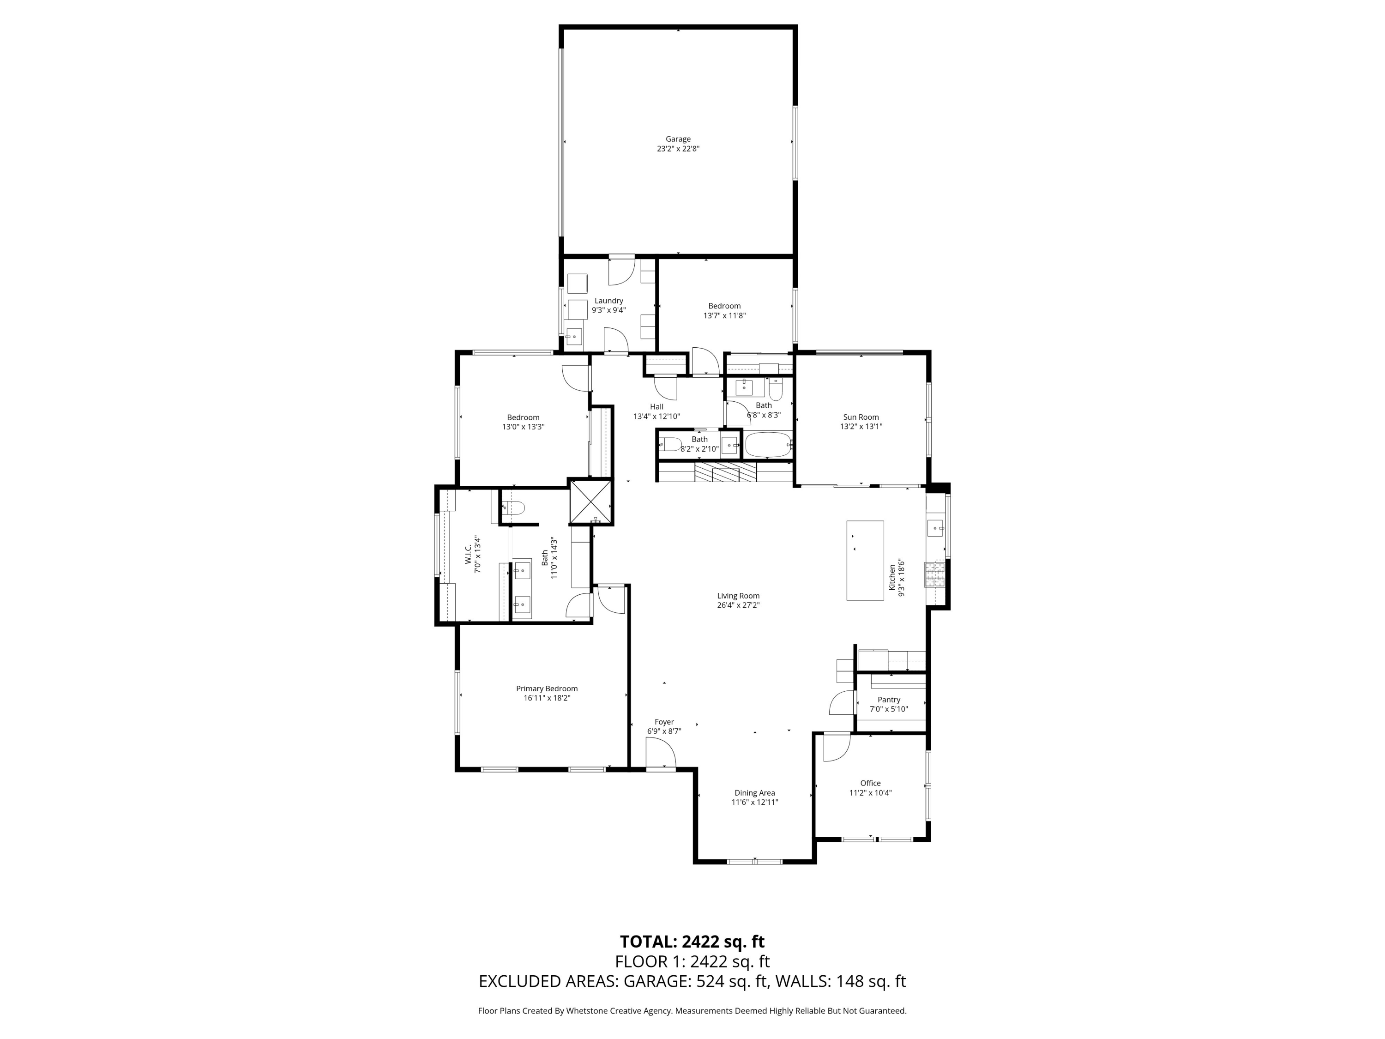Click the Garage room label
tap(678, 139)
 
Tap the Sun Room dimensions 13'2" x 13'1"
tap(861, 427)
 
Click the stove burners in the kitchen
tap(934, 574)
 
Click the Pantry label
tap(889, 700)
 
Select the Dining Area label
tap(754, 793)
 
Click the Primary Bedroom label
tap(547, 689)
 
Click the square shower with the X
tap(590, 501)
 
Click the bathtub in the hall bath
tap(768, 445)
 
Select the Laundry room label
tap(608, 301)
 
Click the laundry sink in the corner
tap(573, 337)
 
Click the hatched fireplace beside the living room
tap(726, 473)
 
